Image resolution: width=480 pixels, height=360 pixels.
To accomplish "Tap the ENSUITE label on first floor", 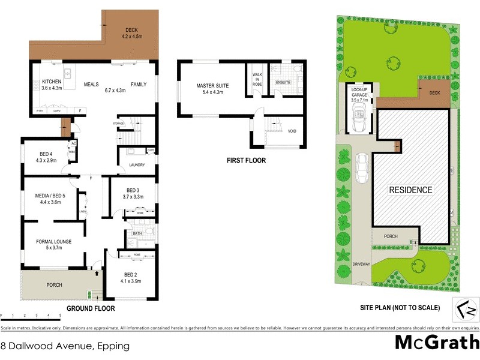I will (283, 82).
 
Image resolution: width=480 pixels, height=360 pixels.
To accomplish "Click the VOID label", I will (292, 131).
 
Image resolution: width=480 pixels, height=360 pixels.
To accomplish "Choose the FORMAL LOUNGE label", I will (53, 241).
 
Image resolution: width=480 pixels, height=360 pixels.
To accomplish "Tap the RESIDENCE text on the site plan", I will (411, 190).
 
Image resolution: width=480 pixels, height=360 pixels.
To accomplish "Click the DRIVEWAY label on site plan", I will (362, 263).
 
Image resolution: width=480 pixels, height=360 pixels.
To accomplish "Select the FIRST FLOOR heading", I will (246, 161).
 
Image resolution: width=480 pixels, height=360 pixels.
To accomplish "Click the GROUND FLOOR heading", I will (90, 308).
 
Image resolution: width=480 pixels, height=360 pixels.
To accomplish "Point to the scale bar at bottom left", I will (30, 315).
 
